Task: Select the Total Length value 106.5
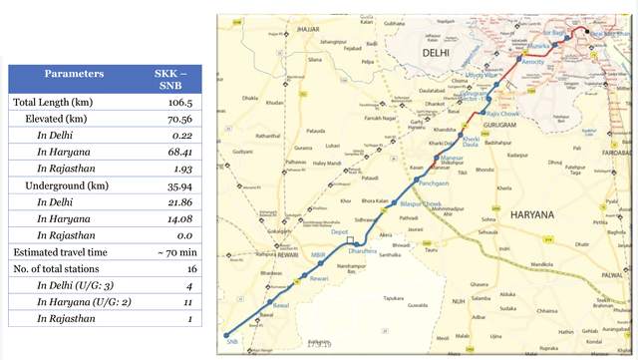pos(170,103)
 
